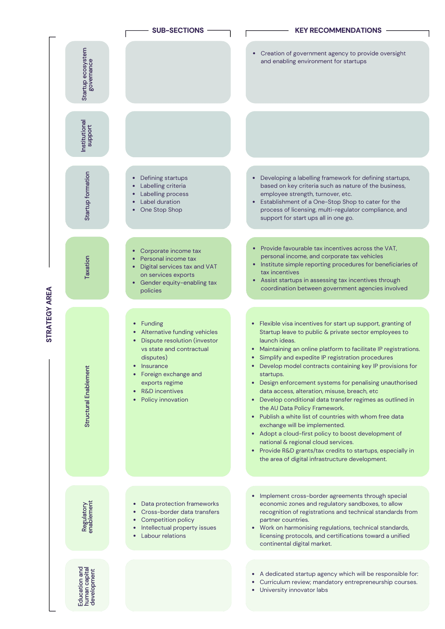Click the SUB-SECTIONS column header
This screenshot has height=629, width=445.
[x=178, y=31]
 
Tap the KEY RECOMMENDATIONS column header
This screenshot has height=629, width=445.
[x=338, y=31]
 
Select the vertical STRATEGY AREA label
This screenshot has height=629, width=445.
[x=49, y=314]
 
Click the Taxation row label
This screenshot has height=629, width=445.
[x=87, y=267]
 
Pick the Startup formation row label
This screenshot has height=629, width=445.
[x=87, y=196]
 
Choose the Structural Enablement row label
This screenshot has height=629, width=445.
[x=87, y=396]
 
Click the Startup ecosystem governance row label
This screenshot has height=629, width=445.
[x=87, y=74]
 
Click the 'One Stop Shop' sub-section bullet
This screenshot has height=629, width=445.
[x=161, y=210]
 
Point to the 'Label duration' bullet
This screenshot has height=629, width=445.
[x=160, y=202]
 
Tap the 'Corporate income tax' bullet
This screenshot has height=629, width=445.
[x=171, y=251]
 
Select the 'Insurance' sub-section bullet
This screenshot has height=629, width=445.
[x=155, y=366]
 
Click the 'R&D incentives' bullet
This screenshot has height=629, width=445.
[x=162, y=391]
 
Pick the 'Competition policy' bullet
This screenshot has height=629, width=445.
[x=168, y=520]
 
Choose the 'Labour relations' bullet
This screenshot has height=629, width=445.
[x=163, y=536]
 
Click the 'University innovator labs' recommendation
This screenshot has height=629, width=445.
[x=294, y=590]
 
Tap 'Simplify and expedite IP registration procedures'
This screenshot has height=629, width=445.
[x=326, y=358]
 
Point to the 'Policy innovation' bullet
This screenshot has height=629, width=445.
[x=165, y=400]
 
